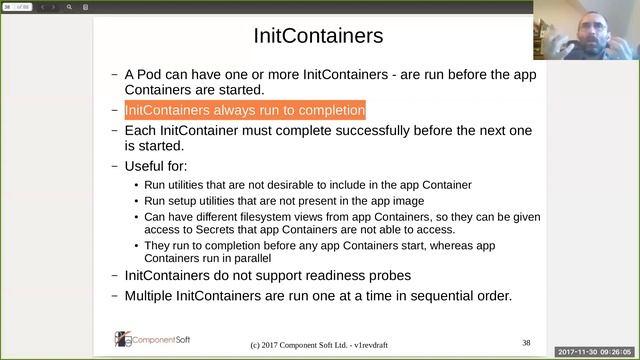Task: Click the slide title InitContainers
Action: (x=319, y=37)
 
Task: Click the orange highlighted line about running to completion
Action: (x=245, y=110)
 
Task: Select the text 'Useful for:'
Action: (x=162, y=165)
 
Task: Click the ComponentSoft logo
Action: (x=154, y=339)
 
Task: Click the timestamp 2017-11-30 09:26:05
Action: (x=597, y=352)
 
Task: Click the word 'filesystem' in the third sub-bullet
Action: (x=265, y=214)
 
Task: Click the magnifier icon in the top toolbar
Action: (x=70, y=7)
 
